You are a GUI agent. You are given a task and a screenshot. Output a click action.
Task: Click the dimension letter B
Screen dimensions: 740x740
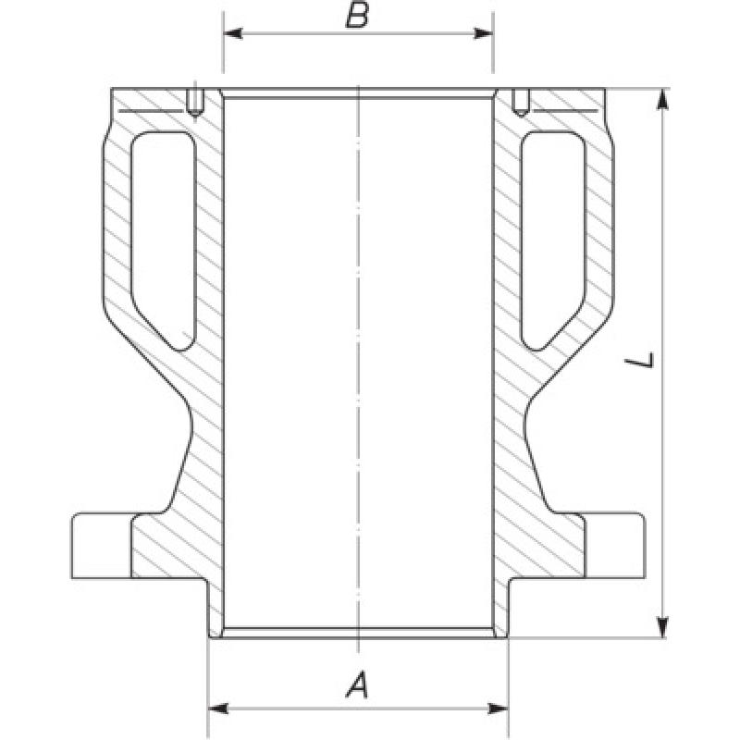357,16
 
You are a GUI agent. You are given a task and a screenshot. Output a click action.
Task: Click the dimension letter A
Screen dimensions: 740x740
357,685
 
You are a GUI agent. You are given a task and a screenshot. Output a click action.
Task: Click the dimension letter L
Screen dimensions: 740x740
639,361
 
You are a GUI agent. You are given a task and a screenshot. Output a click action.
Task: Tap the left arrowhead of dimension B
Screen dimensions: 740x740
233,33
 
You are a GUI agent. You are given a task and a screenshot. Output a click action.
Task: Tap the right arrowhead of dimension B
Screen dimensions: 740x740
484,33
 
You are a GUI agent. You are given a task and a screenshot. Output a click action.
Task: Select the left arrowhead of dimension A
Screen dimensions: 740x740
218,709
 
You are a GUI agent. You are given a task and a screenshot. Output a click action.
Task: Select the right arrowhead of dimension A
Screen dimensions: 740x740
499,709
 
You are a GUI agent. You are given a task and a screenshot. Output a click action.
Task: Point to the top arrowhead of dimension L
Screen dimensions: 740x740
662,99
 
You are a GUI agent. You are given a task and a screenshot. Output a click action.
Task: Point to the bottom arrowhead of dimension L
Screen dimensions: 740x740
662,627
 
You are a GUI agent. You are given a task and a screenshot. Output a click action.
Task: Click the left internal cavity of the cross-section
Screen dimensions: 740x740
163,236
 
